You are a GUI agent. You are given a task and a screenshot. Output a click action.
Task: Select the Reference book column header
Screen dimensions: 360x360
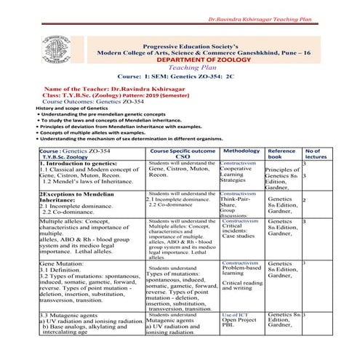click(x=281, y=154)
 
